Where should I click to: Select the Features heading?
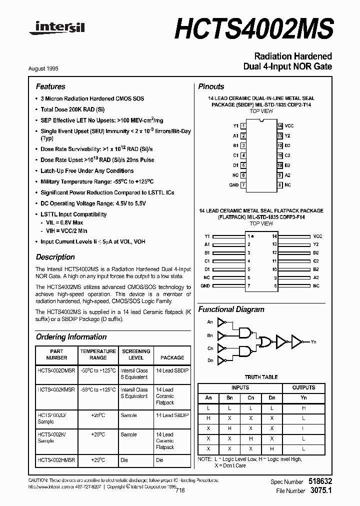pyautogui.click(x=50, y=86)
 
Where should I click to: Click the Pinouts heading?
pyautogui.click(x=211, y=86)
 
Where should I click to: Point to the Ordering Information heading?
pyautogui.click(x=71, y=337)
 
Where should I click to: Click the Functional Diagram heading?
pyautogui.click(x=231, y=309)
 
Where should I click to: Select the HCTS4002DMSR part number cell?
pyautogui.click(x=56, y=370)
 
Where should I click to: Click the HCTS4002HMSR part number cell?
pyautogui.click(x=56, y=460)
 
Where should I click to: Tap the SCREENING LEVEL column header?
pyautogui.click(x=136, y=354)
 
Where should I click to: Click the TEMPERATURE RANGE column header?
pyautogui.click(x=98, y=354)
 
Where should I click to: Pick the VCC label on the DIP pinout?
pyautogui.click(x=289, y=126)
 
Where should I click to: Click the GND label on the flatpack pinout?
pyautogui.click(x=205, y=285)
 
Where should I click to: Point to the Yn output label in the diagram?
pyautogui.click(x=313, y=342)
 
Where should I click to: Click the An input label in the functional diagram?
pyautogui.click(x=209, y=322)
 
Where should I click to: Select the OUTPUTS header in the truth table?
pyautogui.click(x=303, y=387)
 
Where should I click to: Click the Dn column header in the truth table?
pyautogui.click(x=272, y=398)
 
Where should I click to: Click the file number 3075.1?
pyautogui.click(x=320, y=491)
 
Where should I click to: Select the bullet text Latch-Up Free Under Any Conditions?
pyautogui.click(x=87, y=171)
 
